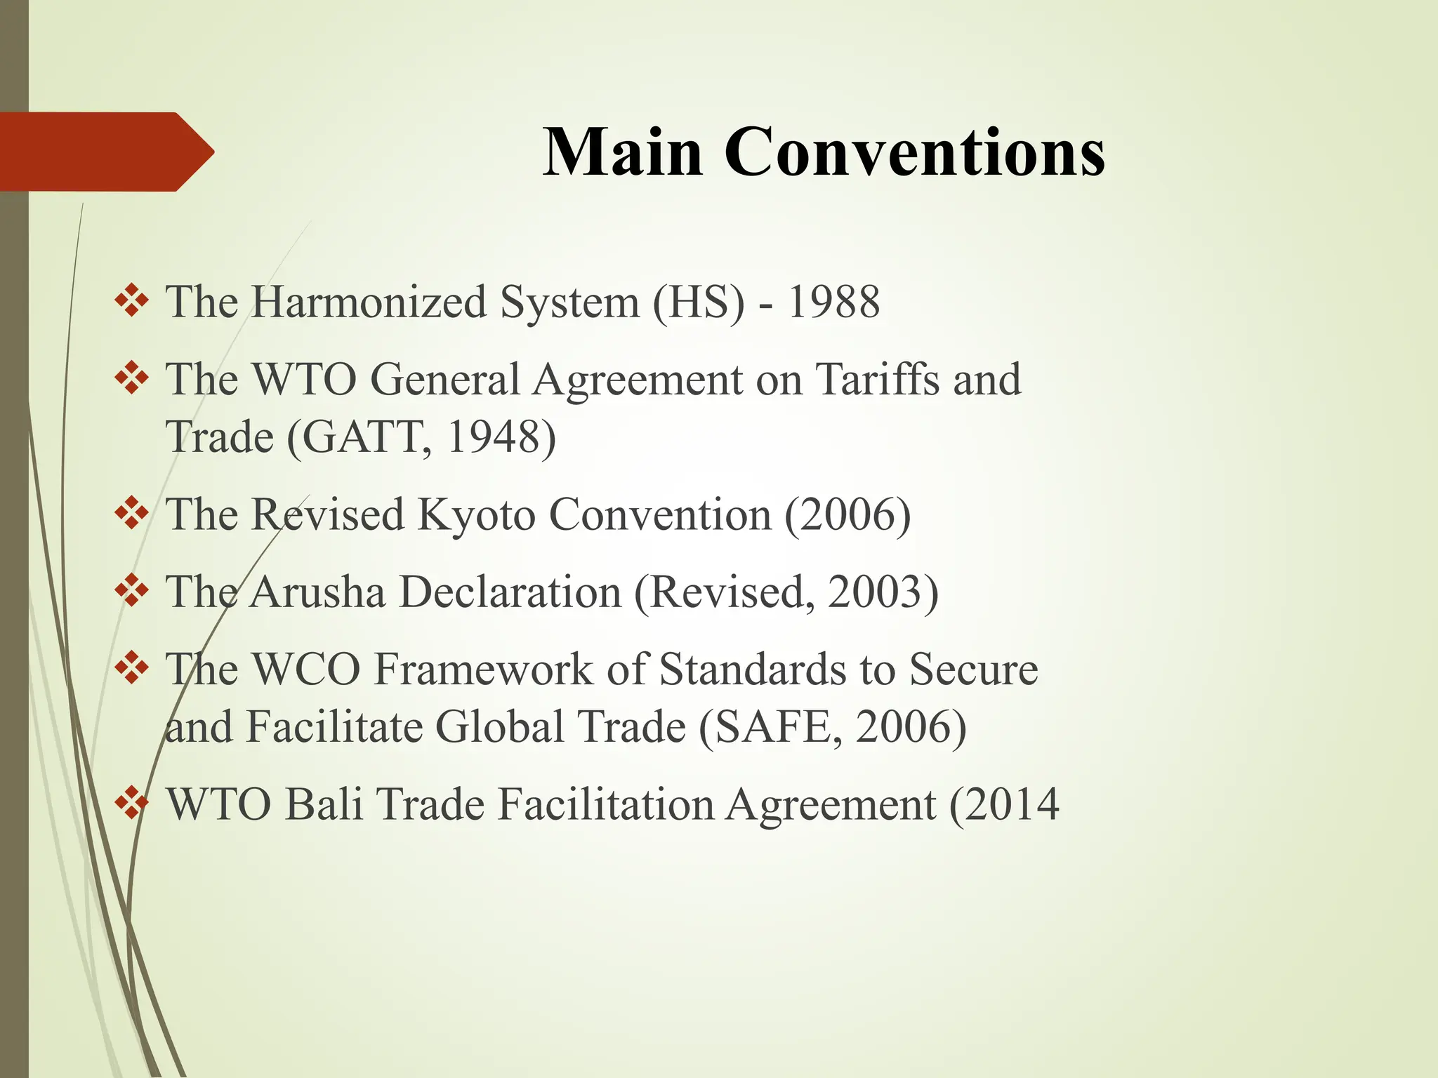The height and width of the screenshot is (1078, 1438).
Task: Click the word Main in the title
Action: point(623,152)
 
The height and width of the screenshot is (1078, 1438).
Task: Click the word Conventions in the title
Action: point(914,152)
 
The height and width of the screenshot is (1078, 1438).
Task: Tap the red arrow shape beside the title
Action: point(105,152)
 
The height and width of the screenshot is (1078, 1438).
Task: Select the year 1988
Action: point(833,302)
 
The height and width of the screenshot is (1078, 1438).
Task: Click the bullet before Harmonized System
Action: point(131,302)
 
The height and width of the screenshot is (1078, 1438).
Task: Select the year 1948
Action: point(491,437)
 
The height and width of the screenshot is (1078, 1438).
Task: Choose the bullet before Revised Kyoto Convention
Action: point(131,514)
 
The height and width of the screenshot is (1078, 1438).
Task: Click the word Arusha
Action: point(317,592)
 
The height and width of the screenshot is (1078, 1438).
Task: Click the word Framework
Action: point(483,669)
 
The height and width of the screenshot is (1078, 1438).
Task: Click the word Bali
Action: point(324,804)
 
